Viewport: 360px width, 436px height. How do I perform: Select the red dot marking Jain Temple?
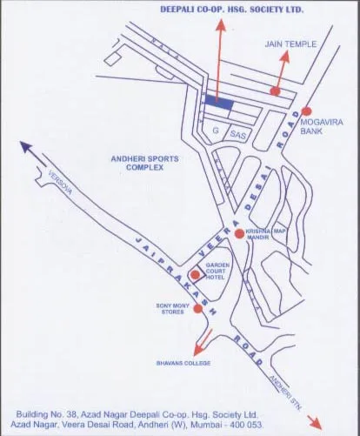(x=275, y=91)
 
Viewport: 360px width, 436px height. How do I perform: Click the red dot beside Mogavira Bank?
(x=306, y=111)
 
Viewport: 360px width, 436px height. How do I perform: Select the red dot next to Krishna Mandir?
(x=239, y=233)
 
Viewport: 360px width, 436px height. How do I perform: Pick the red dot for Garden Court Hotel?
(x=195, y=275)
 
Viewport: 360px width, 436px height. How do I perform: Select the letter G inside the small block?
(x=214, y=131)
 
